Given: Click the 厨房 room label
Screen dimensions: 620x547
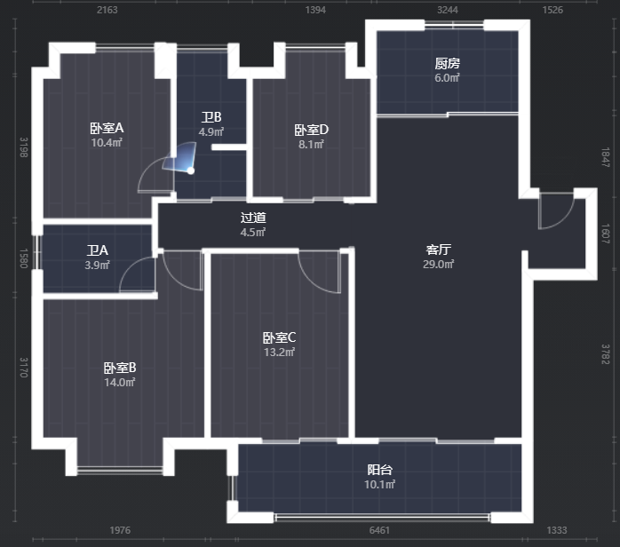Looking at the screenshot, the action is pyautogui.click(x=447, y=63).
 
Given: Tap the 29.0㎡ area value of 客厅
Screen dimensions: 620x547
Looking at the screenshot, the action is pyautogui.click(x=439, y=264).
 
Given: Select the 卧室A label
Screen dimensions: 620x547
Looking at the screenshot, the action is pyautogui.click(x=107, y=128).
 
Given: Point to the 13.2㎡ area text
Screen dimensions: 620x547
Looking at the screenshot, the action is pyautogui.click(x=279, y=352).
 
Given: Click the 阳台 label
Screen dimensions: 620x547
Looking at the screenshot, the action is pyautogui.click(x=379, y=470).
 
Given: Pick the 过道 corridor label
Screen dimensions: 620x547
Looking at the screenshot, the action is pyautogui.click(x=253, y=218).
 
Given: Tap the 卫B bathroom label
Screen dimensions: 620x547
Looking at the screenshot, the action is pyautogui.click(x=211, y=117).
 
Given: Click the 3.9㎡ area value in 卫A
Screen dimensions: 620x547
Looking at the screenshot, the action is pyautogui.click(x=98, y=265).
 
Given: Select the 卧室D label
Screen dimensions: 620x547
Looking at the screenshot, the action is pyautogui.click(x=312, y=130).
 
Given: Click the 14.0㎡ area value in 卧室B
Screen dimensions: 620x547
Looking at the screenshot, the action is pyautogui.click(x=120, y=382).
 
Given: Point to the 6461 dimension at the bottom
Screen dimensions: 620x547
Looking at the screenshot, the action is pyautogui.click(x=379, y=530).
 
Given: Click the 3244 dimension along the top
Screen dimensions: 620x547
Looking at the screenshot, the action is pyautogui.click(x=447, y=10).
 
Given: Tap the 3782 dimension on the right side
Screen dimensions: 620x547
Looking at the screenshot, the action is pyautogui.click(x=606, y=354).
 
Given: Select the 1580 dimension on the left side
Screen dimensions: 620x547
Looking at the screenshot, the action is pyautogui.click(x=24, y=258).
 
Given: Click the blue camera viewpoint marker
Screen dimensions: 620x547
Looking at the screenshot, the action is pyautogui.click(x=191, y=170).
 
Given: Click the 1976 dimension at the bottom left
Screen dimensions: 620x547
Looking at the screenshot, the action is pyautogui.click(x=120, y=530).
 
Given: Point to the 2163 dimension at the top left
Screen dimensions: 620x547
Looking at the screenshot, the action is pyautogui.click(x=107, y=10).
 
